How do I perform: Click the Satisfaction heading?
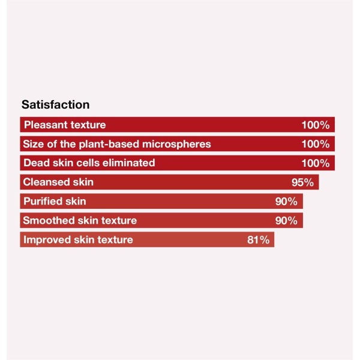pos(56,105)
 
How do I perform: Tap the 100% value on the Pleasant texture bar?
pos(316,125)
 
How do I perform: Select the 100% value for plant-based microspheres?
pos(316,144)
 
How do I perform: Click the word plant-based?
pos(117,144)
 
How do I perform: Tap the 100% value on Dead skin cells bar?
pos(316,163)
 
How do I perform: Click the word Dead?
pos(34,163)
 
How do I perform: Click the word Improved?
pos(46,240)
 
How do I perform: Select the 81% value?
pos(259,240)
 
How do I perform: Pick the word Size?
pos(33,144)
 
